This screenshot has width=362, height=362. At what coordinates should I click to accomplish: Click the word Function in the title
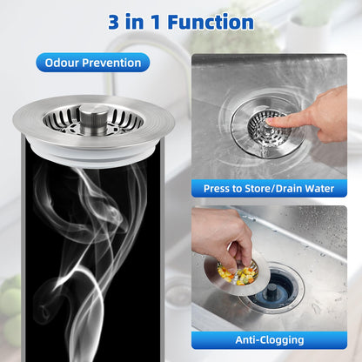[211, 22]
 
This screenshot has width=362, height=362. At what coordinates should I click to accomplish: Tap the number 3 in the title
[113, 22]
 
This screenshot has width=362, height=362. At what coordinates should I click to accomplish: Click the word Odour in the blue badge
[61, 63]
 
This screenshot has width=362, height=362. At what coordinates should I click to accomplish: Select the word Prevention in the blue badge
[111, 63]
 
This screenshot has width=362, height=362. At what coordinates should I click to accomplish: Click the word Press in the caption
[215, 189]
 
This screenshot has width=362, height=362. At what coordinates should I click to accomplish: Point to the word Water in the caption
[319, 189]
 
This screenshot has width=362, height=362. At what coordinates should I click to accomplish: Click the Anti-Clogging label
[270, 340]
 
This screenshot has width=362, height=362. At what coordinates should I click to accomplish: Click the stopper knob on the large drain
[94, 119]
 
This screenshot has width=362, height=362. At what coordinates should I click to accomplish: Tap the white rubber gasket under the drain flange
[93, 154]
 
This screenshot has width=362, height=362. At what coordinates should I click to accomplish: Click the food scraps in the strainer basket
[237, 275]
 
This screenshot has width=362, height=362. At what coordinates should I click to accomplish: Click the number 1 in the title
[156, 22]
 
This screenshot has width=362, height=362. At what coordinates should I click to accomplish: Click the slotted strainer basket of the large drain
[93, 120]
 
